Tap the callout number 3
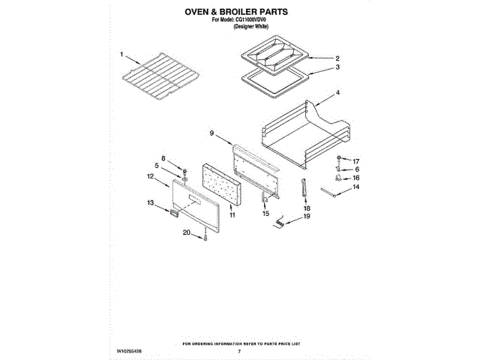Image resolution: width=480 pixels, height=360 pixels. [x=337, y=67]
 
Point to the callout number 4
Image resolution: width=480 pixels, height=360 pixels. [x=337, y=93]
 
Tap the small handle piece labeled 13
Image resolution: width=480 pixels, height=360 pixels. [x=175, y=214]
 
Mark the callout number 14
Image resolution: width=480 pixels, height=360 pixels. [x=356, y=187]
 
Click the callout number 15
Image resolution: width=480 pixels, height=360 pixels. [x=265, y=214]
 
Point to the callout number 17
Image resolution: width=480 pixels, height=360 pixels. [x=356, y=161]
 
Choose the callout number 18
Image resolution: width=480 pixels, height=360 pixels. [x=306, y=208]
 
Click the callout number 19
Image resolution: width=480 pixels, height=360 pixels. [x=306, y=217]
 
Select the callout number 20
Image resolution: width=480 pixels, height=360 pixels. [x=186, y=232]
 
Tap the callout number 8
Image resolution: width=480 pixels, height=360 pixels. [x=162, y=158]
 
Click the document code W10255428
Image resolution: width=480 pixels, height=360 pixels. [x=130, y=351]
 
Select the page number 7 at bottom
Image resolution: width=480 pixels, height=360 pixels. [x=239, y=351]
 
